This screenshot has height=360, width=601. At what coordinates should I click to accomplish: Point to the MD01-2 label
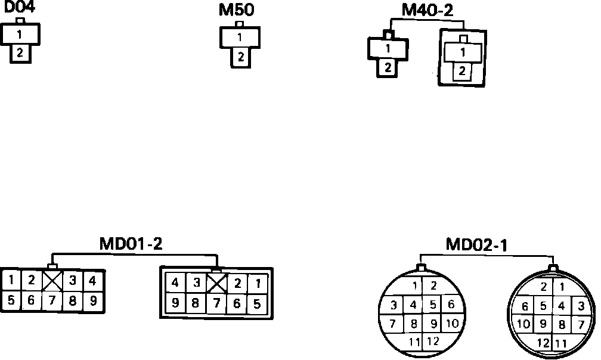click(131, 244)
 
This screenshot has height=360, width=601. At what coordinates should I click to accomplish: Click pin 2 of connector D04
click(20, 52)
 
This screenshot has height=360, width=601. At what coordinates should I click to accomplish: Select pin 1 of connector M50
click(240, 38)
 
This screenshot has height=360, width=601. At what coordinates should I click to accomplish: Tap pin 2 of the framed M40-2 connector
click(462, 72)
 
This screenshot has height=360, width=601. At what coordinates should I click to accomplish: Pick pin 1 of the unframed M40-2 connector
click(388, 48)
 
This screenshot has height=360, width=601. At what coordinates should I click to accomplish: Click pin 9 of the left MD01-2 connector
click(92, 300)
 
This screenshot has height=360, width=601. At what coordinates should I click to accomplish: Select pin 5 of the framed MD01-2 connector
click(256, 303)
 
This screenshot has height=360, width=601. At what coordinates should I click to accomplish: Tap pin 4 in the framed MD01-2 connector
click(175, 283)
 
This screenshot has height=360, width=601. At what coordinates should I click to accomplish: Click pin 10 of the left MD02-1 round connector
click(451, 324)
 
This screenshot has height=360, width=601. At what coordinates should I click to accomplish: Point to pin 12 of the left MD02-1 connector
click(433, 342)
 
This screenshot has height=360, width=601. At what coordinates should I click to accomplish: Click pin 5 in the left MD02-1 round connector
click(433, 305)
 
